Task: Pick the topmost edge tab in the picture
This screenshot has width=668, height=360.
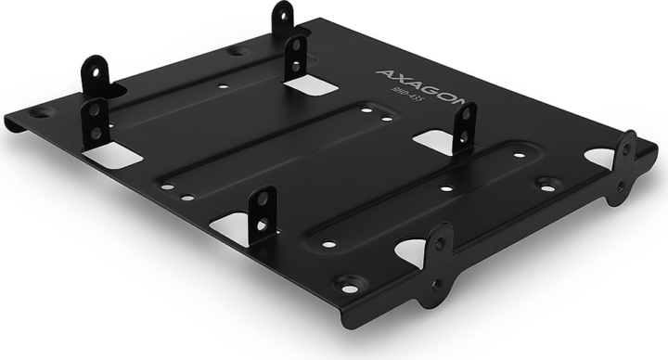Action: coord(283,18)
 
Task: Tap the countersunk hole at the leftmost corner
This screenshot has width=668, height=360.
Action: coord(38,113)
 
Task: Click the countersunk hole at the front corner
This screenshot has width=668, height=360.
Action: coord(349,282)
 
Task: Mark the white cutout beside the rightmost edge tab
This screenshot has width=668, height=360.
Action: coord(602,159)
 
